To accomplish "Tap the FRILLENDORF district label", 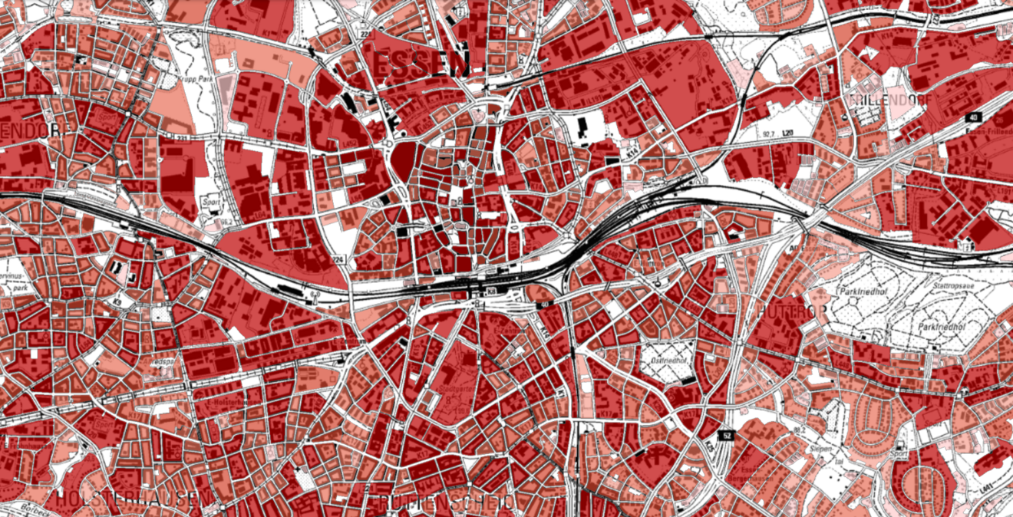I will [889, 100].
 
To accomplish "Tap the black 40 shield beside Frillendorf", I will [974, 117].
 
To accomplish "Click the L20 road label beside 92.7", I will [787, 133].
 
